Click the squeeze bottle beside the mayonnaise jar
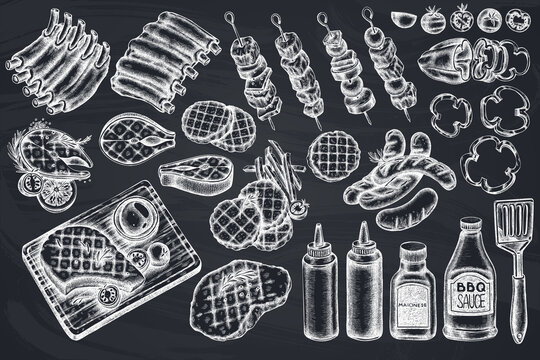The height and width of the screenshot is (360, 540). pos(364,280)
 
